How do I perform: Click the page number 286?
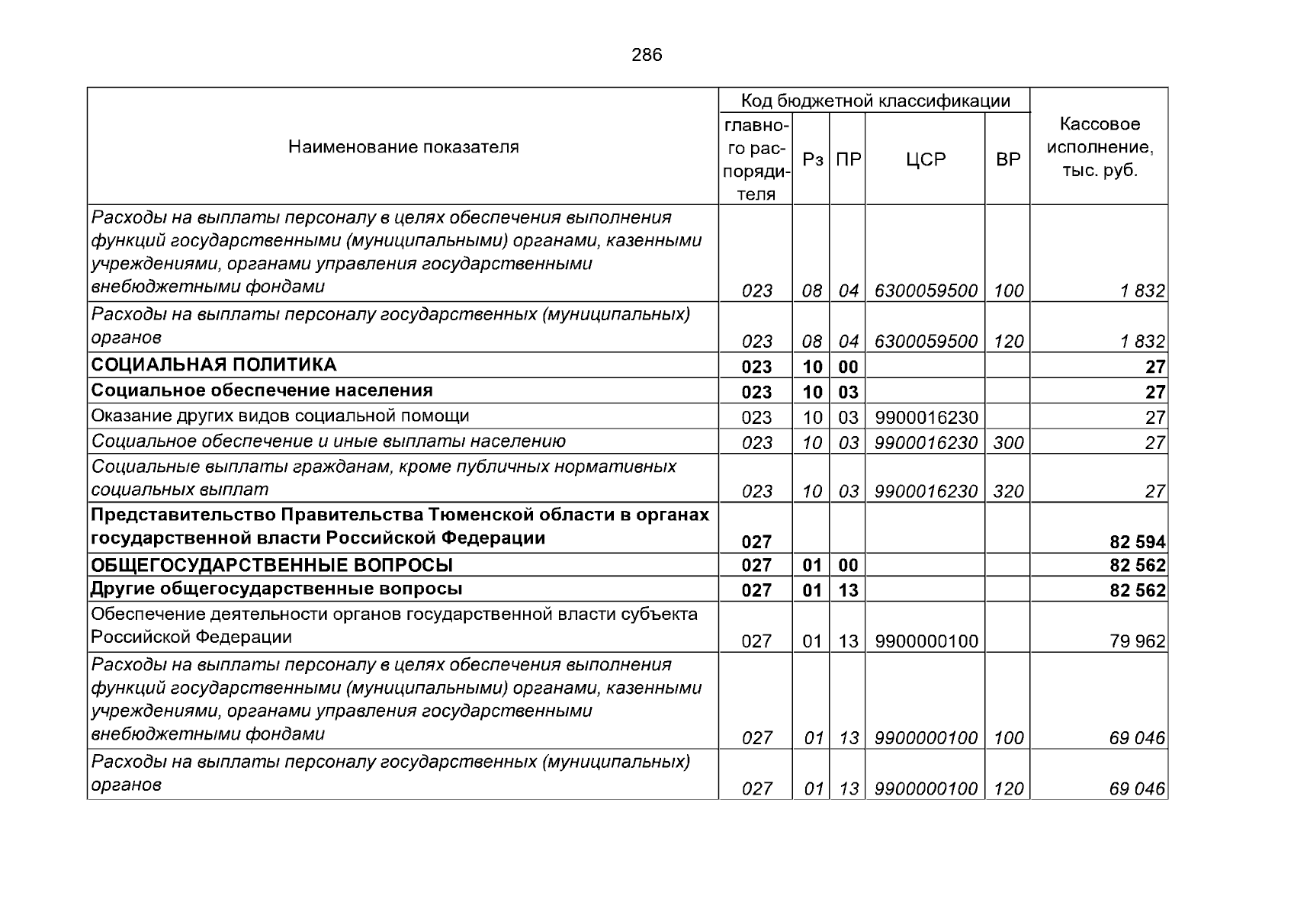[x=647, y=55]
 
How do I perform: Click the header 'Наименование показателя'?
[x=403, y=147]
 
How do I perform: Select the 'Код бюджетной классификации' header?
[x=875, y=101]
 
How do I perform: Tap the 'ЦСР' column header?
[x=926, y=160]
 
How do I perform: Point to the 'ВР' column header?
[x=1008, y=160]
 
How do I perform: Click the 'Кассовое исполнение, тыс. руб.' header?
[x=1100, y=147]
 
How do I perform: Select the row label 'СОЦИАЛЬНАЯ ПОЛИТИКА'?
[x=214, y=365]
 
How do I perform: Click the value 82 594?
[x=1138, y=542]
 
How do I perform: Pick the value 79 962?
[x=1138, y=641]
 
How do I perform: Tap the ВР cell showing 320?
[x=1008, y=492]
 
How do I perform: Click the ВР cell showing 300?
[x=1008, y=443]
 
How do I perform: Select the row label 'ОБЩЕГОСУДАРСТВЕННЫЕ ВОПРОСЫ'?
[x=272, y=565]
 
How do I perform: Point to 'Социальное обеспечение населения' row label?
[x=262, y=390]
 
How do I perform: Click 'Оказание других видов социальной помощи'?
[x=281, y=416]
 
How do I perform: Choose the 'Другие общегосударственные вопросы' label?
[x=277, y=589]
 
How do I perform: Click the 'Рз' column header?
[x=813, y=160]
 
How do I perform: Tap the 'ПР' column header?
[x=849, y=160]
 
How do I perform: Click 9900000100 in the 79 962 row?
[x=926, y=641]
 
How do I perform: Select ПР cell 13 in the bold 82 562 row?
[x=849, y=590]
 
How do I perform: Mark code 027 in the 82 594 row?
[x=756, y=542]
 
